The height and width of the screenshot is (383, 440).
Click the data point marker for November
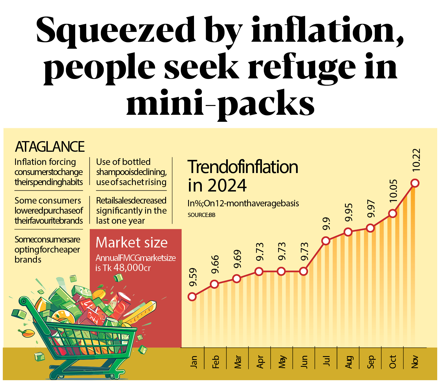pos(415,183)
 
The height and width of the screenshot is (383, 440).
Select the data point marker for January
pos(192,297)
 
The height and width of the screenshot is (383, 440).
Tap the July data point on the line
pos(326,241)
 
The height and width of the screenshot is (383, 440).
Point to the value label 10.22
pos(416,160)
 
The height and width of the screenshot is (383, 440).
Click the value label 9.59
pos(193,277)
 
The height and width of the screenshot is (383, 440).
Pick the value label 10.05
pos(393,191)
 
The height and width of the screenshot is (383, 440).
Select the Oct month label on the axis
pos(392,362)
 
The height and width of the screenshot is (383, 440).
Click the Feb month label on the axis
pos(216,362)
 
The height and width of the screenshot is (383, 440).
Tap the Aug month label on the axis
pos(348,362)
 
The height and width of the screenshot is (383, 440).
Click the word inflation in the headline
pos(327,29)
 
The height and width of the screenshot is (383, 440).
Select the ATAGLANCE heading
pos(50,147)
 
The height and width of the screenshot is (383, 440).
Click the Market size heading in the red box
pos(131,242)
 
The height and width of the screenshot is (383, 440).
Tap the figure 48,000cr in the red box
pos(132,268)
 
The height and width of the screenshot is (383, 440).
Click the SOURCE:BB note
pos(201,215)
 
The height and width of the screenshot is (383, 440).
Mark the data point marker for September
pos(370,228)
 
